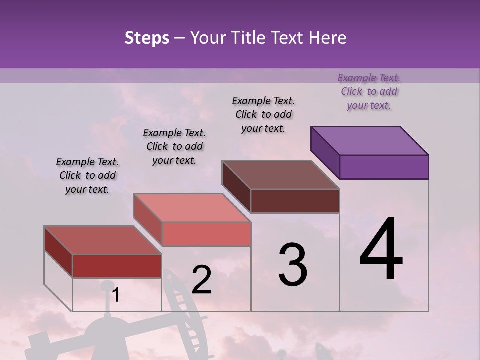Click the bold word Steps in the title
[147, 38]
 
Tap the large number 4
[381, 250]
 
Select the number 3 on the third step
[292, 265]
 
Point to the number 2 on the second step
[201, 280]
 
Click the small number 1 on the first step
[115, 295]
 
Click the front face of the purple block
[384, 167]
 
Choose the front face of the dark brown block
[295, 201]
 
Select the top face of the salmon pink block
[192, 208]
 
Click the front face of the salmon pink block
[206, 234]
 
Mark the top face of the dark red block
[103, 240]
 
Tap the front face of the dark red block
[117, 266]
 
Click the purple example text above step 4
[369, 91]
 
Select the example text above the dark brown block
[263, 114]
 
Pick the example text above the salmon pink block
[174, 146]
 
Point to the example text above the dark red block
[87, 175]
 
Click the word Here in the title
[327, 38]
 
